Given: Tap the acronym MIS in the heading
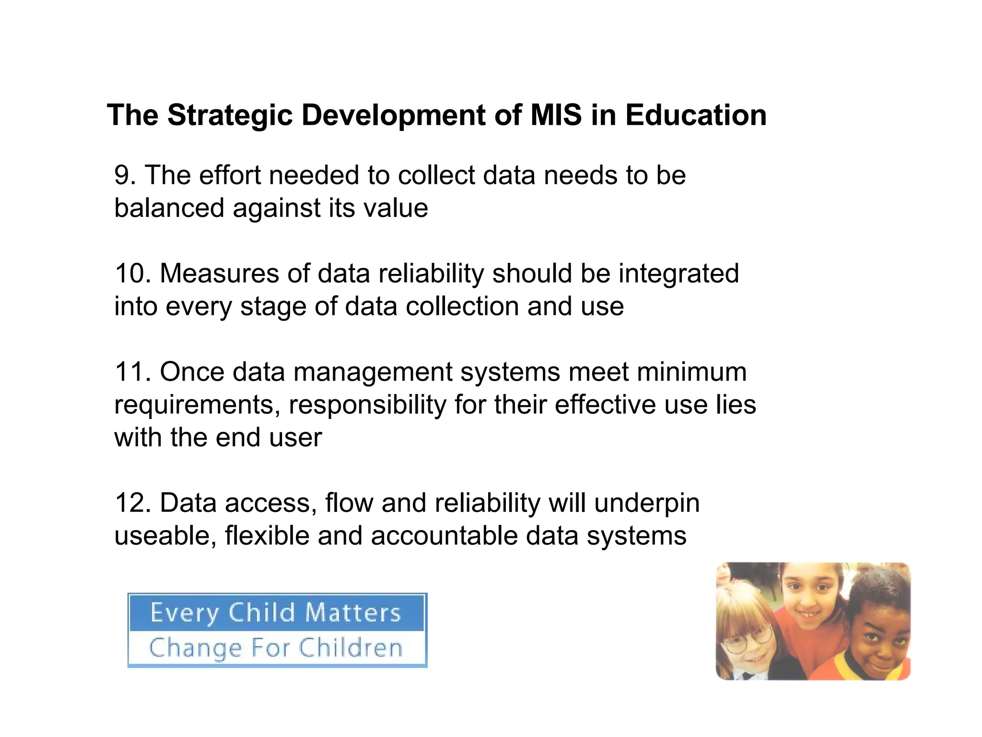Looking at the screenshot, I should click(x=556, y=116).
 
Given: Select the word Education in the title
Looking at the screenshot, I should click(x=696, y=116).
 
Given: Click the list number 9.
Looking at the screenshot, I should click(x=124, y=175).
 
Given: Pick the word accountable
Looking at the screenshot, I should click(x=444, y=536).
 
